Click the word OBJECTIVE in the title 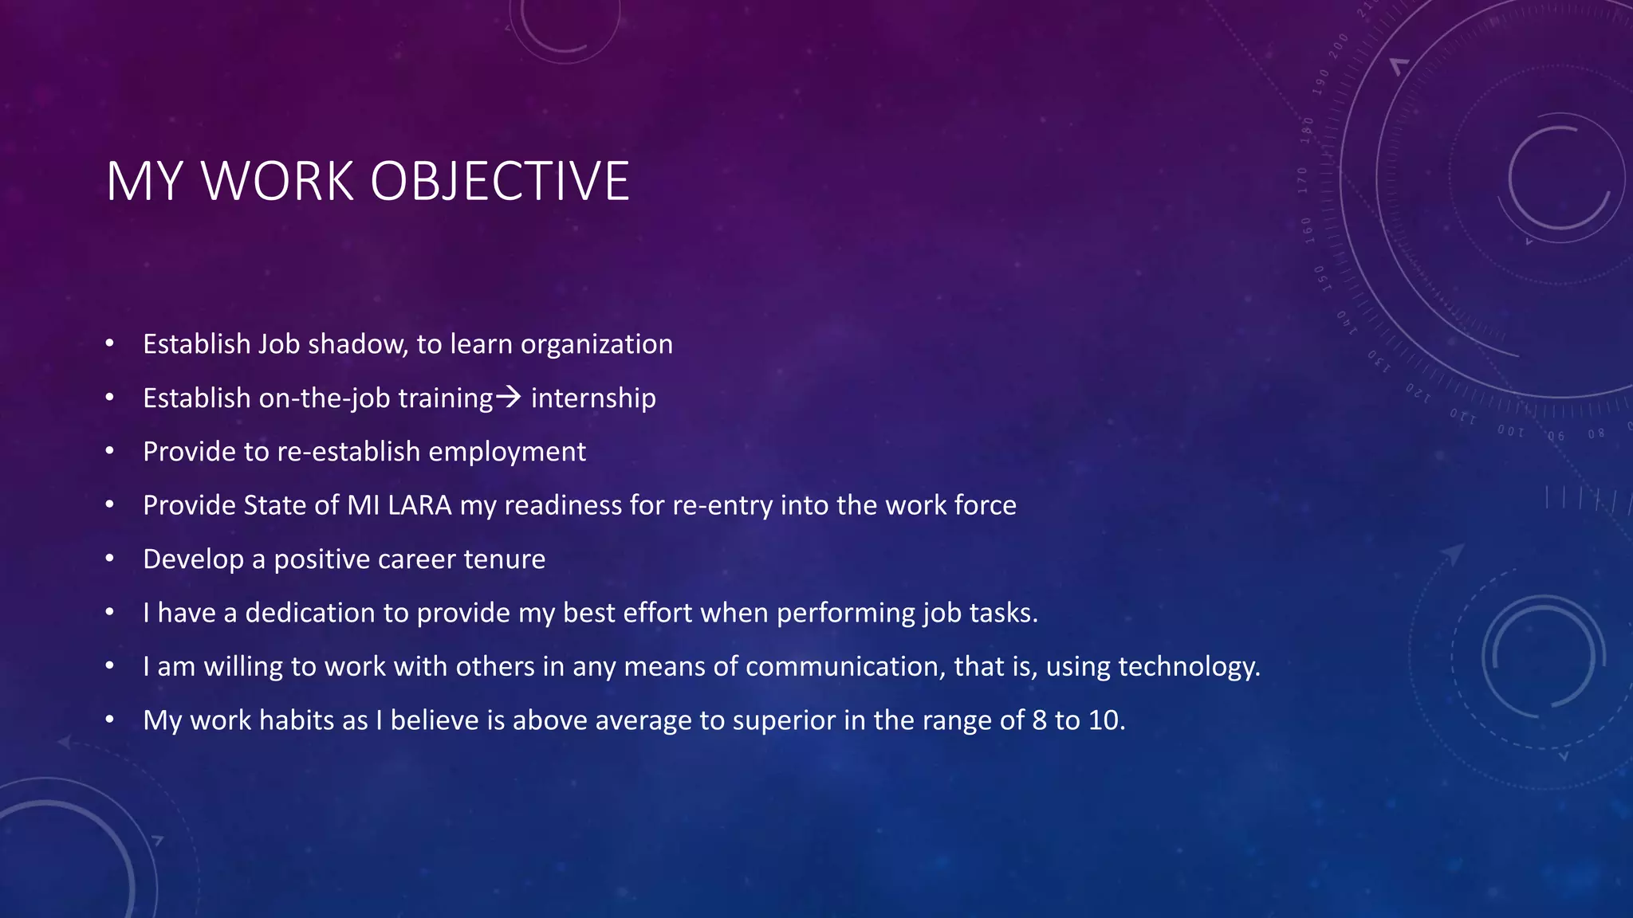pyautogui.click(x=500, y=182)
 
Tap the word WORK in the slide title pyautogui.click(x=277, y=182)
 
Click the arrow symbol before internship pyautogui.click(x=509, y=396)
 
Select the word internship pyautogui.click(x=593, y=398)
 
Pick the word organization pyautogui.click(x=596, y=345)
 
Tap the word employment pyautogui.click(x=507, y=453)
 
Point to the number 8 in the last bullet pyautogui.click(x=1039, y=720)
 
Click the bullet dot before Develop pyautogui.click(x=110, y=559)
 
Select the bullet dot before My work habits pyautogui.click(x=110, y=720)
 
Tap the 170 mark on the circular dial pyautogui.click(x=1303, y=180)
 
